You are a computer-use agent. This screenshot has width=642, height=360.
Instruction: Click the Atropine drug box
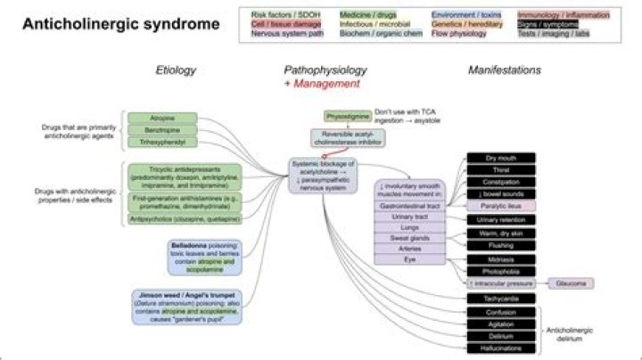pos(161,118)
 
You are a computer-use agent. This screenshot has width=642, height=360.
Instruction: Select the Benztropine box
pos(161,129)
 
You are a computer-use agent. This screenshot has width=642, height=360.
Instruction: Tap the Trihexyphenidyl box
pos(161,142)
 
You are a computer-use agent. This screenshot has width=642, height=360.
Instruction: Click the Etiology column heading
pos(175,69)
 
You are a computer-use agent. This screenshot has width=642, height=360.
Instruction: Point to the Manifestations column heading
pos(504,69)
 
